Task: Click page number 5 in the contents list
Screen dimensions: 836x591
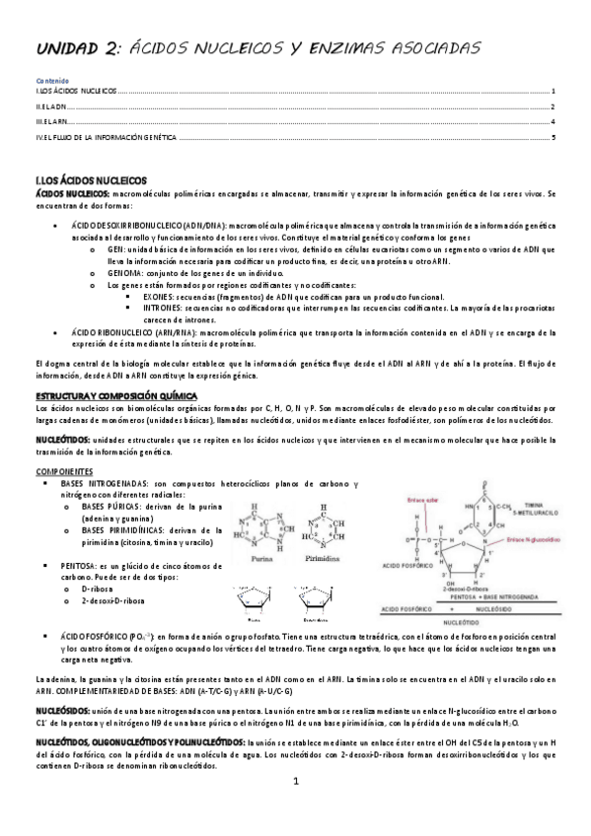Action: point(554,137)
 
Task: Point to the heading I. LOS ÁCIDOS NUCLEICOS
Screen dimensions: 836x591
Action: point(89,180)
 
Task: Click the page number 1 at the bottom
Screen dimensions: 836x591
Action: point(294,808)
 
